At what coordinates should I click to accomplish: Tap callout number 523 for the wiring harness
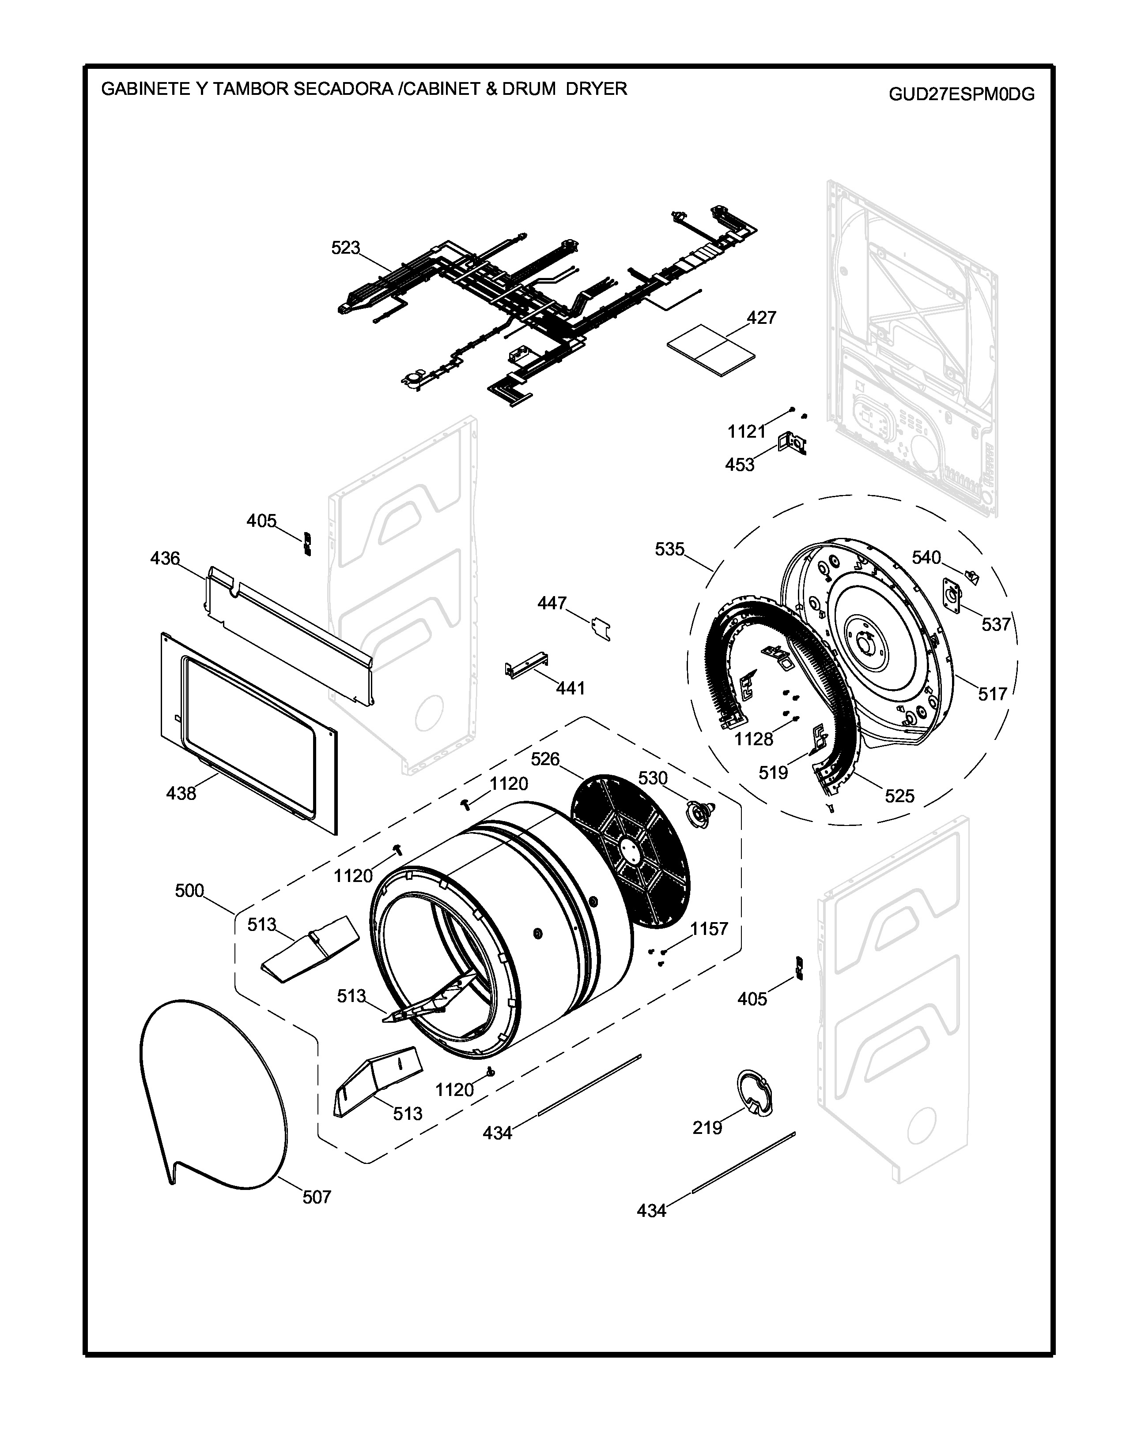point(346,248)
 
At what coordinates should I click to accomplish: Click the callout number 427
point(761,317)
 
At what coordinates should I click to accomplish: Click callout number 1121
point(746,432)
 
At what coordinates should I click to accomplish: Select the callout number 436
point(165,558)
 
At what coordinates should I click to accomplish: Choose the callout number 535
point(670,549)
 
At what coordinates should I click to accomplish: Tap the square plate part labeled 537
point(952,594)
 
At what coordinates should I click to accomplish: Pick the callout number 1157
point(708,929)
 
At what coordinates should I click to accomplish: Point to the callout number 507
point(317,1197)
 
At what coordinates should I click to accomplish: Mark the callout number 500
point(189,891)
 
